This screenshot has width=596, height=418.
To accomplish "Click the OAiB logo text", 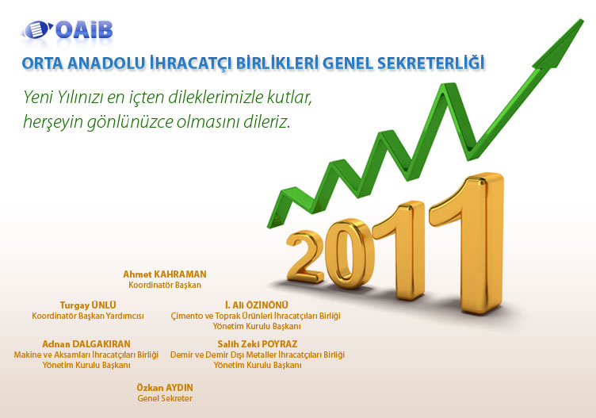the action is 84,30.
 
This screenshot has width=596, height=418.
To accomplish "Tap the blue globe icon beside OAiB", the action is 36,29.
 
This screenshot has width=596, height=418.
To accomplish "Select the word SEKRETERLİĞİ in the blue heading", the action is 430,63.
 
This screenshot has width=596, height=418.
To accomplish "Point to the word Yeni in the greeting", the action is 38,98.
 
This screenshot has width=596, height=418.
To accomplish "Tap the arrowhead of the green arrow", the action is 560,44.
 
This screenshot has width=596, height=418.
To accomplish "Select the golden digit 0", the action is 350,254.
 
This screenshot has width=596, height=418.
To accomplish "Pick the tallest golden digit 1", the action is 468,243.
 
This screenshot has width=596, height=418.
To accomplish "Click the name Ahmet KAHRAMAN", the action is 165,274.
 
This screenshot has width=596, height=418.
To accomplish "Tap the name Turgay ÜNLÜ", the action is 88,305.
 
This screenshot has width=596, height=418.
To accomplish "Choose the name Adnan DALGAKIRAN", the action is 86,343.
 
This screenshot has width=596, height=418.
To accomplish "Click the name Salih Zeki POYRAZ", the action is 258,343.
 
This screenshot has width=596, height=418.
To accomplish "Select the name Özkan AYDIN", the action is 165,388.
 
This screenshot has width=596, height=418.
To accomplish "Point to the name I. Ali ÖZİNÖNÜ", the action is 257,305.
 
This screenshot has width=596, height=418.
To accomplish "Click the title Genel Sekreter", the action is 165,398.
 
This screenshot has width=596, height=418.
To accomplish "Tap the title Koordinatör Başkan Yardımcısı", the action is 88,316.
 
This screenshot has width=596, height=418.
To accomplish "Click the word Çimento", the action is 187,316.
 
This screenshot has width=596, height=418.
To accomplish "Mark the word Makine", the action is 27,355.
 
